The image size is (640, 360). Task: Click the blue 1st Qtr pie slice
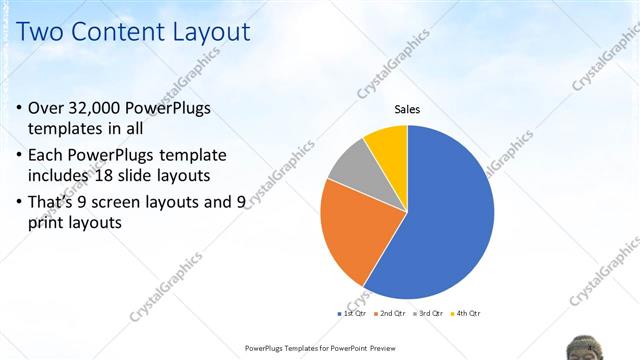tap(440, 220)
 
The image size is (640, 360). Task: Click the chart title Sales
tap(407, 109)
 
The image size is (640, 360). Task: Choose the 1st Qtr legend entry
tap(351, 314)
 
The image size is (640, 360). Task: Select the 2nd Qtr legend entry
tap(389, 314)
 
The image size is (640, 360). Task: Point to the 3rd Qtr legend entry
tap(429, 314)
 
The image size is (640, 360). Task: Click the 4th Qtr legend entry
tap(466, 314)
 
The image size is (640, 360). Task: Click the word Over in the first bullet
tap(46, 108)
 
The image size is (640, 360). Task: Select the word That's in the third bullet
tap(57, 203)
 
